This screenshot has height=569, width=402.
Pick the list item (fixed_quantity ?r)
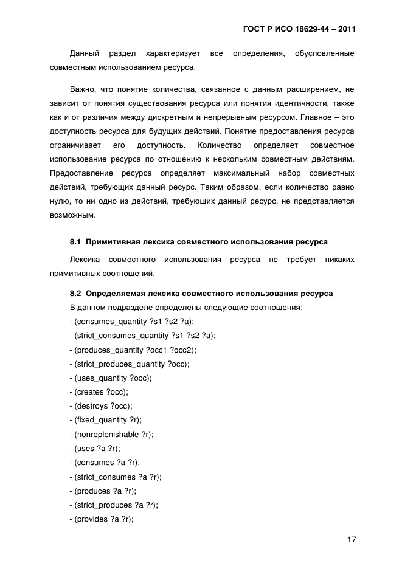click(109, 420)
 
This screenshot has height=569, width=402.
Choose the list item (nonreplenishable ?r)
click(113, 435)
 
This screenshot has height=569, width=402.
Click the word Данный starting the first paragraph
click(84, 54)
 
